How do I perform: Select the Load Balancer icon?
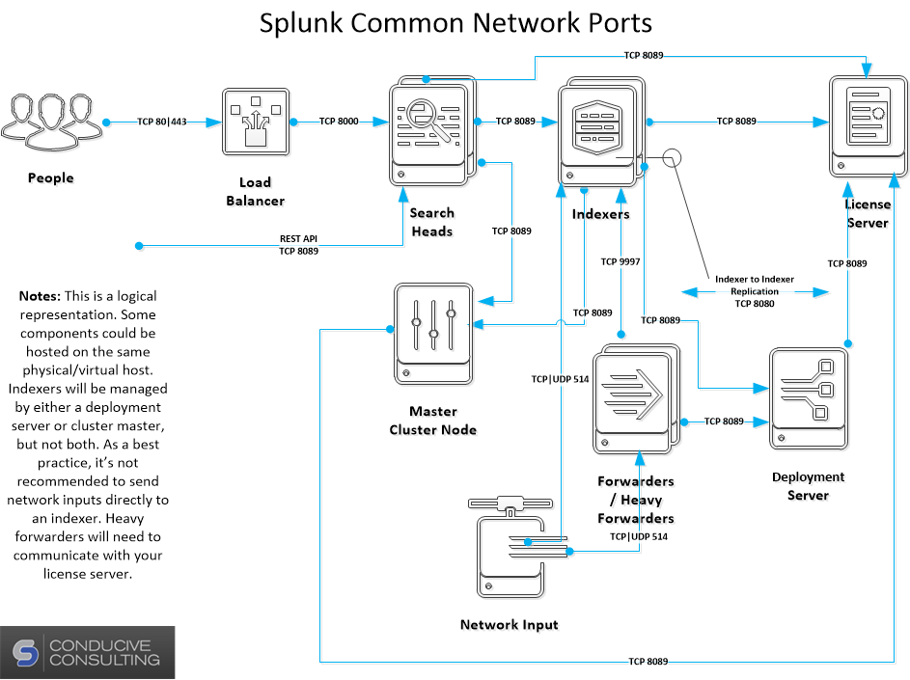point(256,122)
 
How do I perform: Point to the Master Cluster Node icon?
point(433,333)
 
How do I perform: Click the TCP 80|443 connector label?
point(161,122)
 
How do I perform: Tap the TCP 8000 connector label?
point(339,122)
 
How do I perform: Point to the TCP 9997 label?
point(620,261)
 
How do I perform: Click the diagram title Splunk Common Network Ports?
point(455,22)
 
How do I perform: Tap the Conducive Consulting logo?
point(88,652)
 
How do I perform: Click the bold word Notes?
point(41,296)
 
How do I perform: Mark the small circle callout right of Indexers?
point(672,158)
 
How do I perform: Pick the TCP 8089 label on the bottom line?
point(648,662)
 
